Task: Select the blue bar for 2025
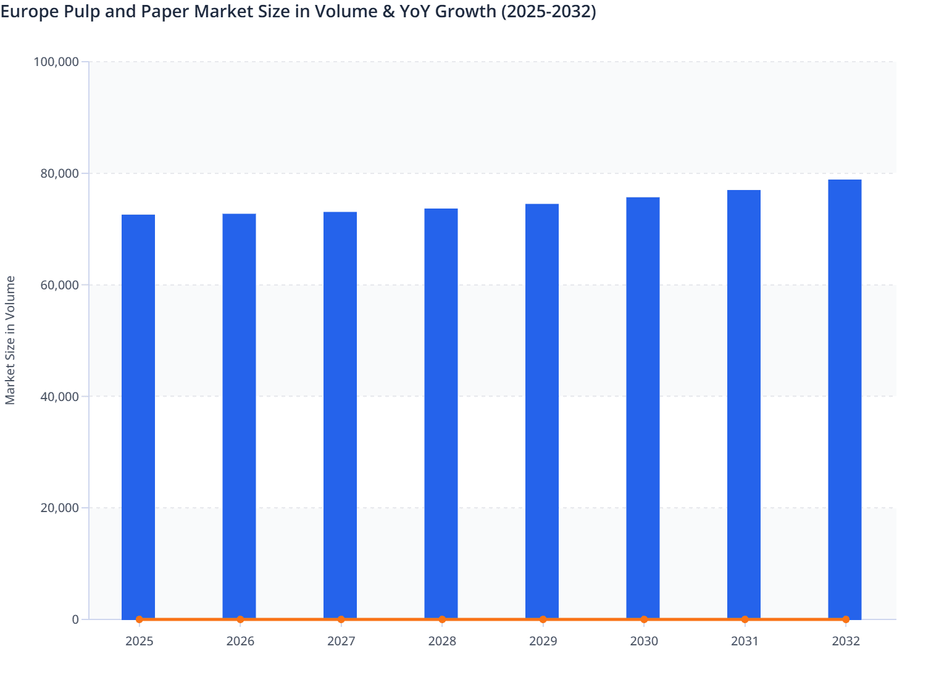pos(138,416)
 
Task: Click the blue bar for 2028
pos(441,413)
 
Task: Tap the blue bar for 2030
pos(643,408)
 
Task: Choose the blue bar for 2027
pos(340,415)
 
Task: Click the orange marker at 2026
pos(240,619)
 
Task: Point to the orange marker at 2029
pos(543,619)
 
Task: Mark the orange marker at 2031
pos(745,619)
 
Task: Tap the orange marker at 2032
pos(846,619)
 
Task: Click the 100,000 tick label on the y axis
pos(56,62)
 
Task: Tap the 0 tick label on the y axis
pos(75,619)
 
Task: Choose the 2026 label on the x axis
pos(240,641)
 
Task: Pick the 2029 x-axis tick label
pos(543,641)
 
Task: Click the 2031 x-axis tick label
pos(745,641)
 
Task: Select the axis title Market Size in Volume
pos(10,340)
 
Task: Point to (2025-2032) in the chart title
pos(548,12)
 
